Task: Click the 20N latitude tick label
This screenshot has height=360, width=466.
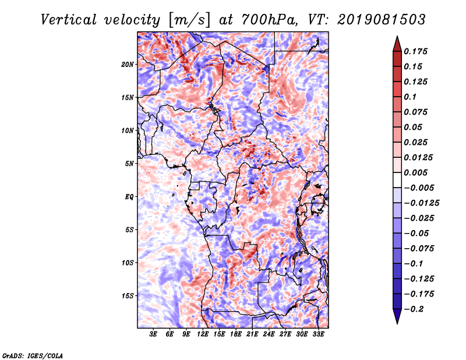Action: click(x=128, y=65)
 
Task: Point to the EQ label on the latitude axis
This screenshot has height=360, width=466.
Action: click(x=129, y=197)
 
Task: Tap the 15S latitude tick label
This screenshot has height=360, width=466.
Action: click(x=128, y=296)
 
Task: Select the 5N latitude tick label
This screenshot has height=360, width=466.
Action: click(x=129, y=164)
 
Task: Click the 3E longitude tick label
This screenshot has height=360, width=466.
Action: click(x=153, y=334)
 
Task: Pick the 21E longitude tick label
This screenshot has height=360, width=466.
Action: click(x=252, y=334)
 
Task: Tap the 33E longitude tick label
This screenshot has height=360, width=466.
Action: click(x=318, y=334)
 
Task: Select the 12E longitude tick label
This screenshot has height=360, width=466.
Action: click(x=203, y=334)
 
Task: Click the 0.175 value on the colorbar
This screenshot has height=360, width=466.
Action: click(x=415, y=51)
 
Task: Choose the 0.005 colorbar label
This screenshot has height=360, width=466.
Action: click(x=415, y=172)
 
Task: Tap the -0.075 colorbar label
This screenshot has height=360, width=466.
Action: click(x=419, y=249)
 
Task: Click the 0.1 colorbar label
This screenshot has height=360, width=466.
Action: click(x=410, y=97)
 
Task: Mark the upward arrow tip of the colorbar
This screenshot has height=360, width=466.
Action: click(x=397, y=36)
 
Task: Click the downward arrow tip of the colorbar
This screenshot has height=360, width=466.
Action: click(x=397, y=324)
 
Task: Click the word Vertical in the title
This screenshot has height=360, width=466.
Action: click(x=69, y=20)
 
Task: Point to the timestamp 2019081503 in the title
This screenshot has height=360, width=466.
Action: click(x=382, y=20)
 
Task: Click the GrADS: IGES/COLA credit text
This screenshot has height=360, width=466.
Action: click(x=33, y=356)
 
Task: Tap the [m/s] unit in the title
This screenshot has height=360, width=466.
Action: click(x=189, y=20)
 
